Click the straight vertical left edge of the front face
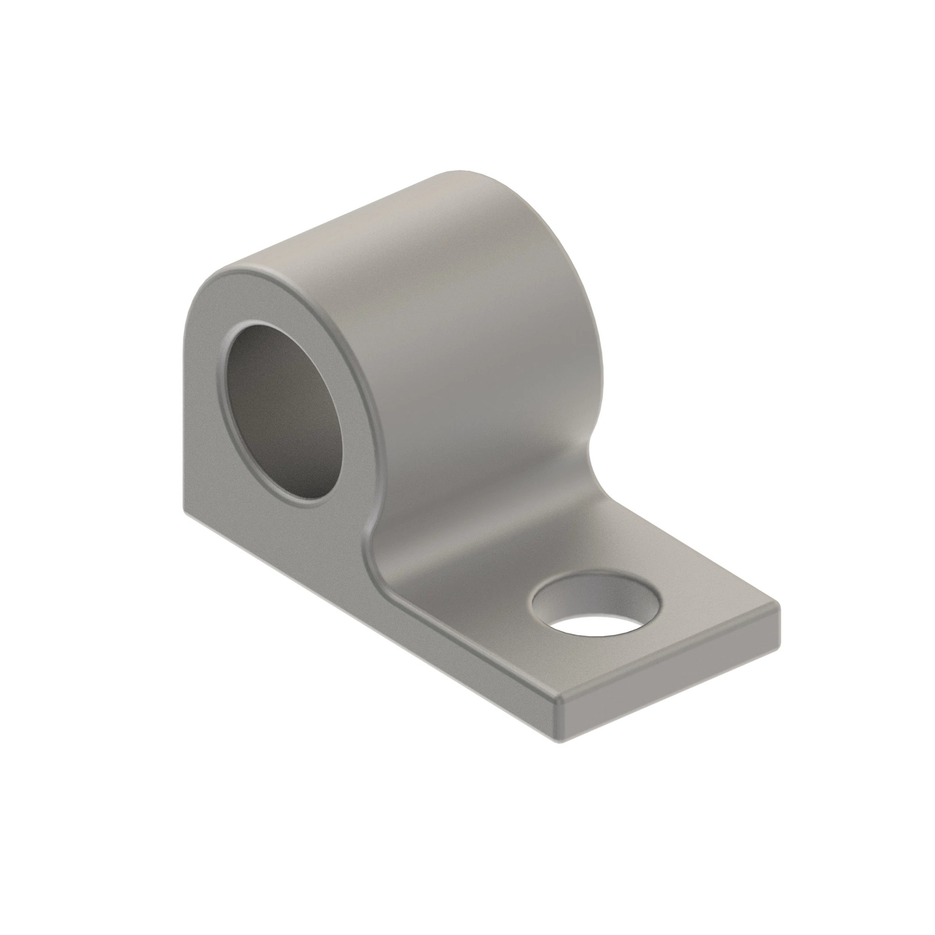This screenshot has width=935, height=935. tap(183, 411)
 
